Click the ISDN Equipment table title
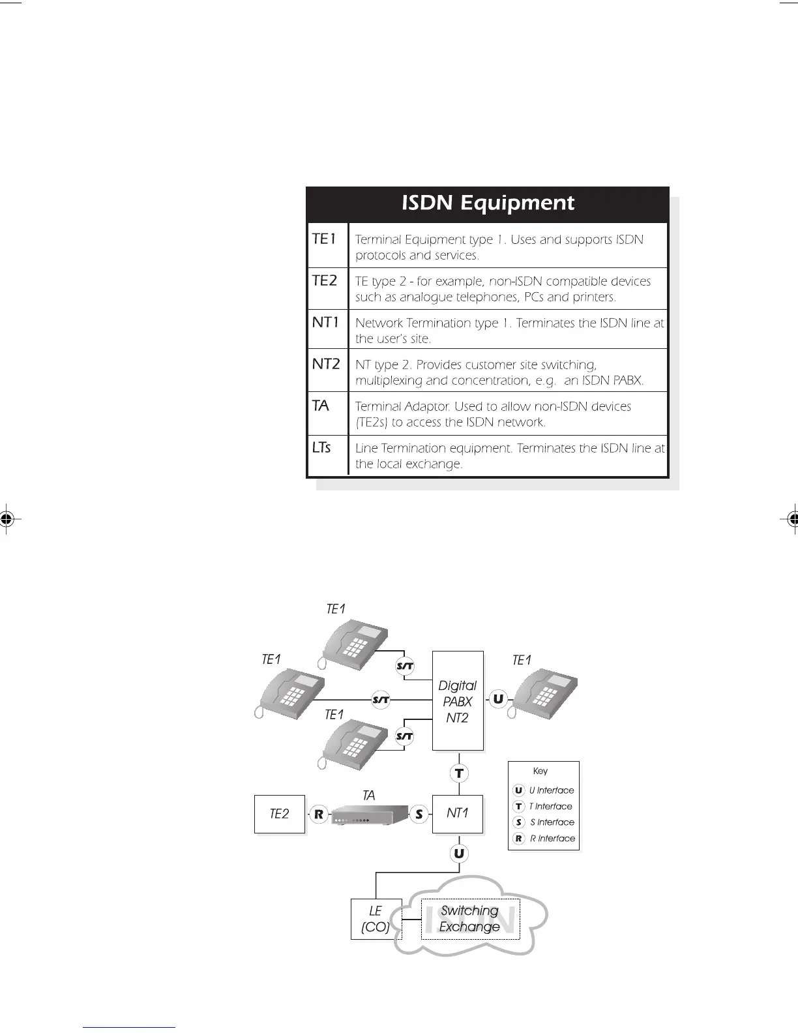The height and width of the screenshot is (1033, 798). click(488, 203)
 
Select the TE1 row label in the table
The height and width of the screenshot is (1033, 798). click(324, 239)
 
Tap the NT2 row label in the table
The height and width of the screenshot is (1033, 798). click(326, 364)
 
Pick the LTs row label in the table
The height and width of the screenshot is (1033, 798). click(321, 447)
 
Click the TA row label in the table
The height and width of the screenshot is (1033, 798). click(320, 406)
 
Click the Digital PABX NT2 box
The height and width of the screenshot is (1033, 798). click(458, 701)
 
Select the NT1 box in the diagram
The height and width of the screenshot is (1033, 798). click(458, 813)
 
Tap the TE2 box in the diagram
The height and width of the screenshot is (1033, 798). click(279, 814)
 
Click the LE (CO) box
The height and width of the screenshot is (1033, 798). click(376, 919)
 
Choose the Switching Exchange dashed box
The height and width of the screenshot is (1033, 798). click(470, 919)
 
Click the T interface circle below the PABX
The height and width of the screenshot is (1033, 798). click(459, 773)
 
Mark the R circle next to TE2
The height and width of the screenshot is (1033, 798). click(319, 814)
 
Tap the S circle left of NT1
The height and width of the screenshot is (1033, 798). click(419, 814)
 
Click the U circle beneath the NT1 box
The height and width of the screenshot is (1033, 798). click(459, 853)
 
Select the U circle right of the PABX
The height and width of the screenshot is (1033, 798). click(498, 699)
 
